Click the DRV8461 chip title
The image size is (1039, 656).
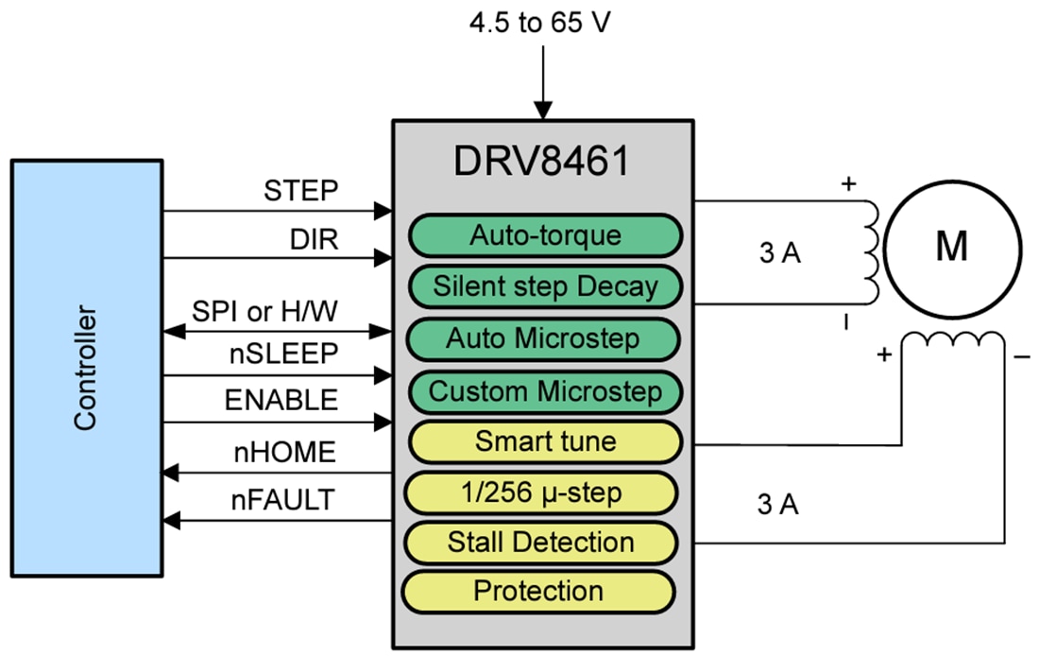point(541,162)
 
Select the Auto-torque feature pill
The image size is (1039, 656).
point(544,235)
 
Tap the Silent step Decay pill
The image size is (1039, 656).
point(544,285)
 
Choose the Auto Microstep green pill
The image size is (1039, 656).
point(544,338)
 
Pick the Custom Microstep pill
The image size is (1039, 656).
point(544,390)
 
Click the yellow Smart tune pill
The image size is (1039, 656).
point(544,441)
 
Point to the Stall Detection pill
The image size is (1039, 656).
point(541,543)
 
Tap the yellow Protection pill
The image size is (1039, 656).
point(538,592)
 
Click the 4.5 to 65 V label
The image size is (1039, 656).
point(539,22)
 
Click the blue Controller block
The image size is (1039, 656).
point(86,368)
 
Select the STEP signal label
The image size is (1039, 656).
point(300,191)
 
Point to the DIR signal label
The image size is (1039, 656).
point(314,241)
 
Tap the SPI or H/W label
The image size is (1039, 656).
point(265,311)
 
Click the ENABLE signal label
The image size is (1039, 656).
point(281,400)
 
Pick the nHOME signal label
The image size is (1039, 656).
point(284,453)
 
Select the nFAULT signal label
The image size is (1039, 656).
point(283,500)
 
